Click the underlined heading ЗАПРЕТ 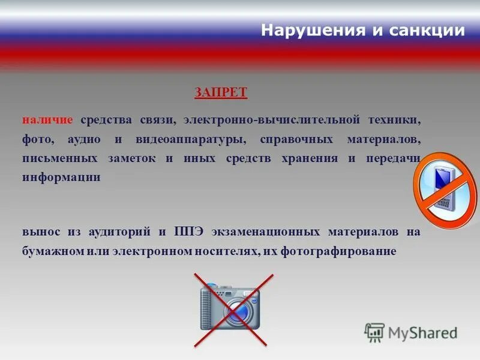pos(220,92)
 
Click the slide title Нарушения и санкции pos(363,31)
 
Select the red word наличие pos(47,119)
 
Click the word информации pos(62,178)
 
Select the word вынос pos(40,232)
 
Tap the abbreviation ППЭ pos(188,232)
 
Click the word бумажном pos(52,251)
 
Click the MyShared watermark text pos(423,332)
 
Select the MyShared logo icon pos(374,332)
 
